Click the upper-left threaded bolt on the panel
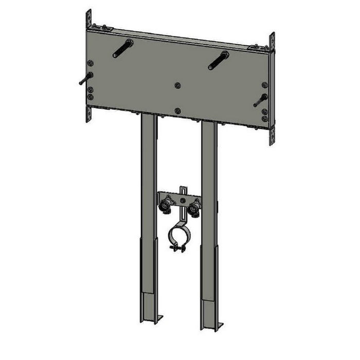click(x=123, y=49)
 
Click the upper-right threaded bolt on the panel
click(x=218, y=61)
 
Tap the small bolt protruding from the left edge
click(x=85, y=79)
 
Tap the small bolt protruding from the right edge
click(x=260, y=100)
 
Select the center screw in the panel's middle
click(x=177, y=85)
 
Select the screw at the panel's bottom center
click(x=177, y=110)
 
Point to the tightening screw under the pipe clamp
click(x=177, y=249)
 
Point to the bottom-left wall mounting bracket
click(x=88, y=114)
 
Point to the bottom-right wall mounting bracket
click(x=272, y=135)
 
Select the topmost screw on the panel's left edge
click(x=91, y=63)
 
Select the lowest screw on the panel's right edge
click(x=264, y=119)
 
